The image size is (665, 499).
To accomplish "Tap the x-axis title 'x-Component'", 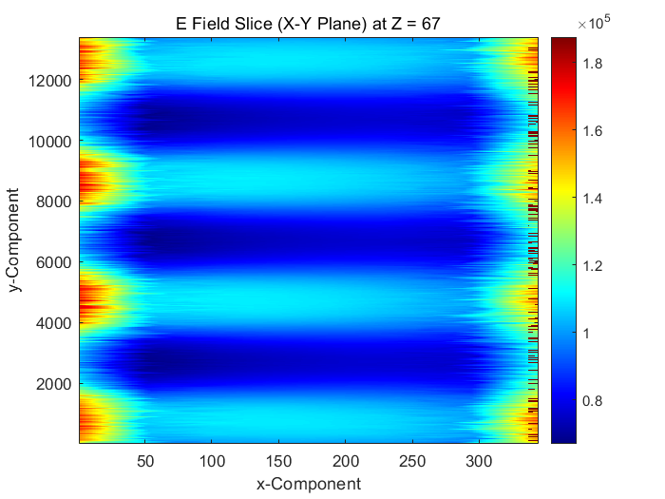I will (308, 484).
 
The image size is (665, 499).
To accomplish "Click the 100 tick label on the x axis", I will (212, 461).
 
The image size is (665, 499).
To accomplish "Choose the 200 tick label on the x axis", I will (346, 461).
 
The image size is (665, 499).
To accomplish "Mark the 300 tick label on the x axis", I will (480, 461).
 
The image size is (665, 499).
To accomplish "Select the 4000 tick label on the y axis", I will (53, 323).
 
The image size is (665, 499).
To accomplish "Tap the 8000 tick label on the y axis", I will (53, 202).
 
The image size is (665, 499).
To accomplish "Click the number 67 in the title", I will (430, 24).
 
